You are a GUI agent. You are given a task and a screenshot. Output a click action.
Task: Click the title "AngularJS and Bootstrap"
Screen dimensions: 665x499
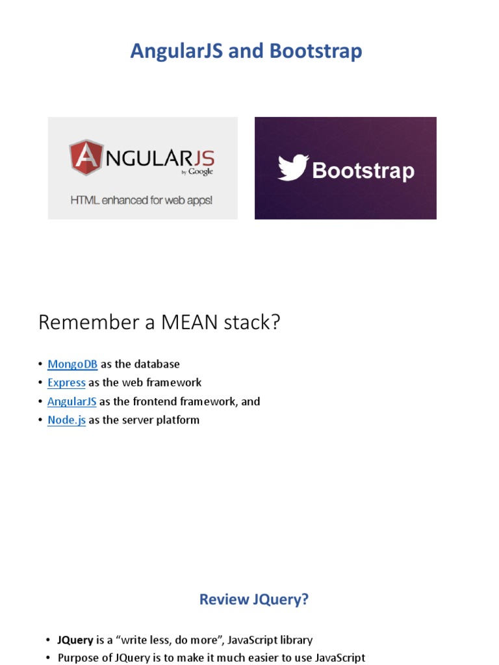click(x=246, y=51)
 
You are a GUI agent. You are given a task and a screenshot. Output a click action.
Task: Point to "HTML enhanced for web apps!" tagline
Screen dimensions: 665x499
click(x=141, y=200)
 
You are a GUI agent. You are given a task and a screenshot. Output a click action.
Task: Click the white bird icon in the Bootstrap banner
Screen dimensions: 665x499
click(x=292, y=168)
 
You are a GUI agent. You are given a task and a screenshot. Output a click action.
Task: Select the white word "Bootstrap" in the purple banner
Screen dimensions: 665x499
click(x=363, y=171)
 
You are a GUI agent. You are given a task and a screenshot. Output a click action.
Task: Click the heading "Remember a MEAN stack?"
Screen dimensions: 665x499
click(x=159, y=322)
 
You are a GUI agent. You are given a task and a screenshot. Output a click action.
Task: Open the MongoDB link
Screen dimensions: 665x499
click(x=72, y=364)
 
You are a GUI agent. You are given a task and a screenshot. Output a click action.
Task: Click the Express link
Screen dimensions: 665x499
click(x=66, y=383)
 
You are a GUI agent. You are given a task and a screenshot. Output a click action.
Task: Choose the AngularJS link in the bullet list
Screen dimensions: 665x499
click(x=71, y=401)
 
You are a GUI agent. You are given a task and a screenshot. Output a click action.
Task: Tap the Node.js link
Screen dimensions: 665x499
click(x=66, y=420)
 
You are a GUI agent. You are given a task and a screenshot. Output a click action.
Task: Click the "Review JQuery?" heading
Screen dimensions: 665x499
click(x=253, y=599)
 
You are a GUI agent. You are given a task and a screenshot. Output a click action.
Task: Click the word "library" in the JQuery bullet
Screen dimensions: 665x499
click(x=292, y=640)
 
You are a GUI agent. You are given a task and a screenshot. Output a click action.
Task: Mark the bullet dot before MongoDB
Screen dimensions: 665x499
click(x=40, y=364)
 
